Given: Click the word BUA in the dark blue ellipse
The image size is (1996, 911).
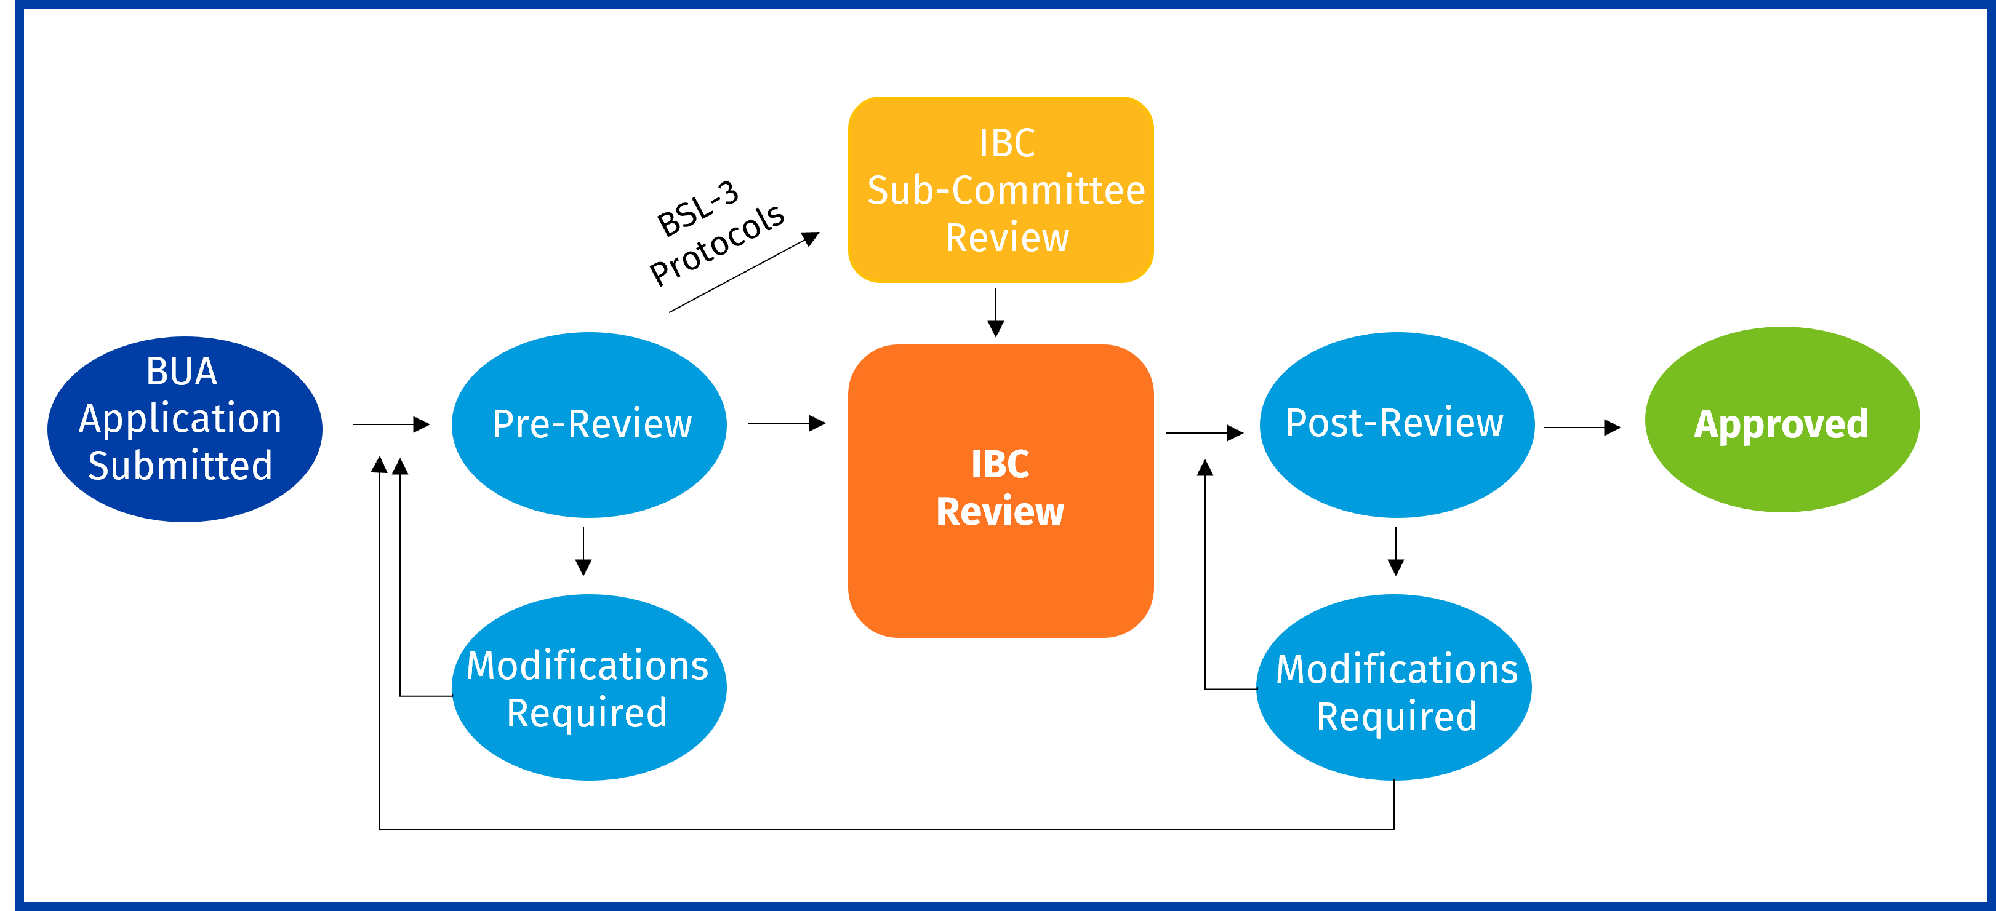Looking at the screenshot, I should [x=182, y=372].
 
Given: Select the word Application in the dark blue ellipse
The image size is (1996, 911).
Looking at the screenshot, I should [x=180, y=419].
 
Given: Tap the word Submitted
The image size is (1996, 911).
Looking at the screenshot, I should [x=180, y=466].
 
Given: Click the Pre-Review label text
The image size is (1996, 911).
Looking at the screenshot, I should [x=592, y=424].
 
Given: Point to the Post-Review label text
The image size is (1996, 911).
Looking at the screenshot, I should [x=1394, y=424].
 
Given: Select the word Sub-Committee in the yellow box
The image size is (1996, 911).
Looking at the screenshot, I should [x=1006, y=191].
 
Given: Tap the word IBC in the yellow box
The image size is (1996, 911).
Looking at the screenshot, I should [x=1006, y=143].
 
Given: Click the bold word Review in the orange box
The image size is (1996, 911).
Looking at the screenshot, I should [x=1000, y=512].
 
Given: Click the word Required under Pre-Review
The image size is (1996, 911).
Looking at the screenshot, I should [x=587, y=714].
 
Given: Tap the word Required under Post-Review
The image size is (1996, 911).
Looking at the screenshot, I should [x=1397, y=717].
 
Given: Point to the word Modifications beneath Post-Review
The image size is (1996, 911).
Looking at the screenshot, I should [x=1397, y=669].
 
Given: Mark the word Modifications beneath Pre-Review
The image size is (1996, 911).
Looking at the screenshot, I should [x=587, y=666].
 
